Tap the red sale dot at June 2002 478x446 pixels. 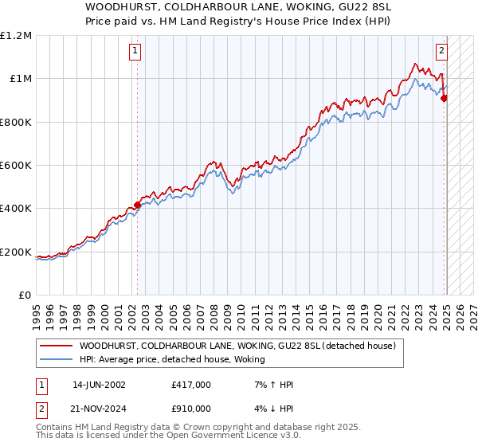pyautogui.click(x=137, y=205)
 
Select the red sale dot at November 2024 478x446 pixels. pyautogui.click(x=445, y=98)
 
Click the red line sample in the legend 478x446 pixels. pyautogui.click(x=56, y=346)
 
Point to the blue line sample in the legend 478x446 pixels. pyautogui.click(x=56, y=359)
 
